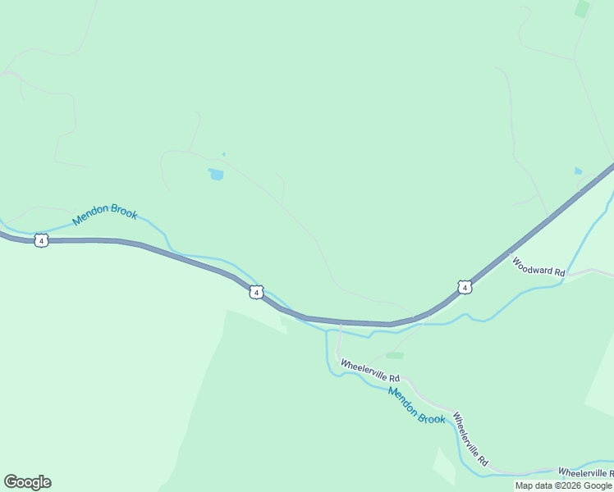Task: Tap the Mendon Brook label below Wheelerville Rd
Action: click(x=417, y=406)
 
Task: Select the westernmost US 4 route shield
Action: click(x=42, y=239)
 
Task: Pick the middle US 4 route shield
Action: click(x=256, y=292)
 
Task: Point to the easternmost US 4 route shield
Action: click(x=465, y=287)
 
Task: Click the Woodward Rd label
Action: click(x=538, y=266)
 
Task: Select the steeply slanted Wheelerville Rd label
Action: click(x=470, y=440)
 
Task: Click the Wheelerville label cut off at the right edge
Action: click(x=585, y=472)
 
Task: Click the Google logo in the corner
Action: click(x=27, y=482)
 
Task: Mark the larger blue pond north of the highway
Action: click(x=216, y=174)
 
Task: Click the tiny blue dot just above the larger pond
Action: click(x=223, y=154)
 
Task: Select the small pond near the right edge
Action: click(x=579, y=171)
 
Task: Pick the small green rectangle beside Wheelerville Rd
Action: click(x=395, y=356)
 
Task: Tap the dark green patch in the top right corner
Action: click(x=582, y=9)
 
